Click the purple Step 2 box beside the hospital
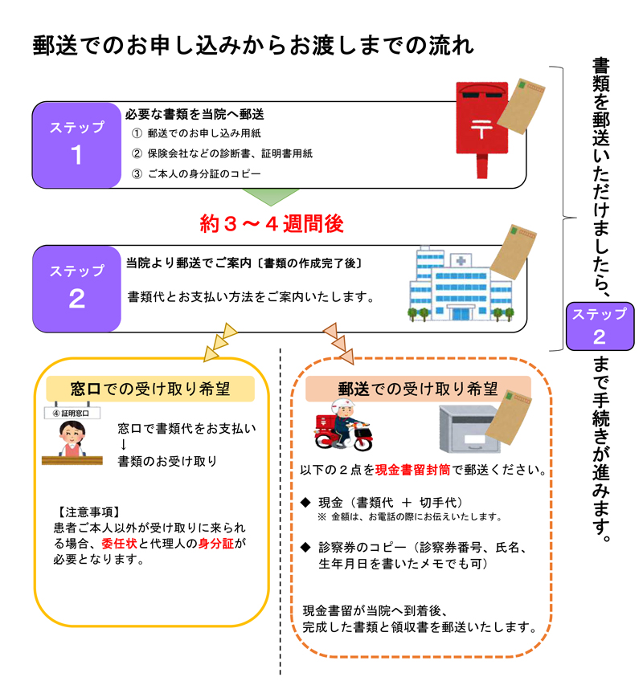[77, 286]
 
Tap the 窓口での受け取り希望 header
[150, 389]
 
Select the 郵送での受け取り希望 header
[417, 389]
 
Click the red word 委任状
[119, 543]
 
